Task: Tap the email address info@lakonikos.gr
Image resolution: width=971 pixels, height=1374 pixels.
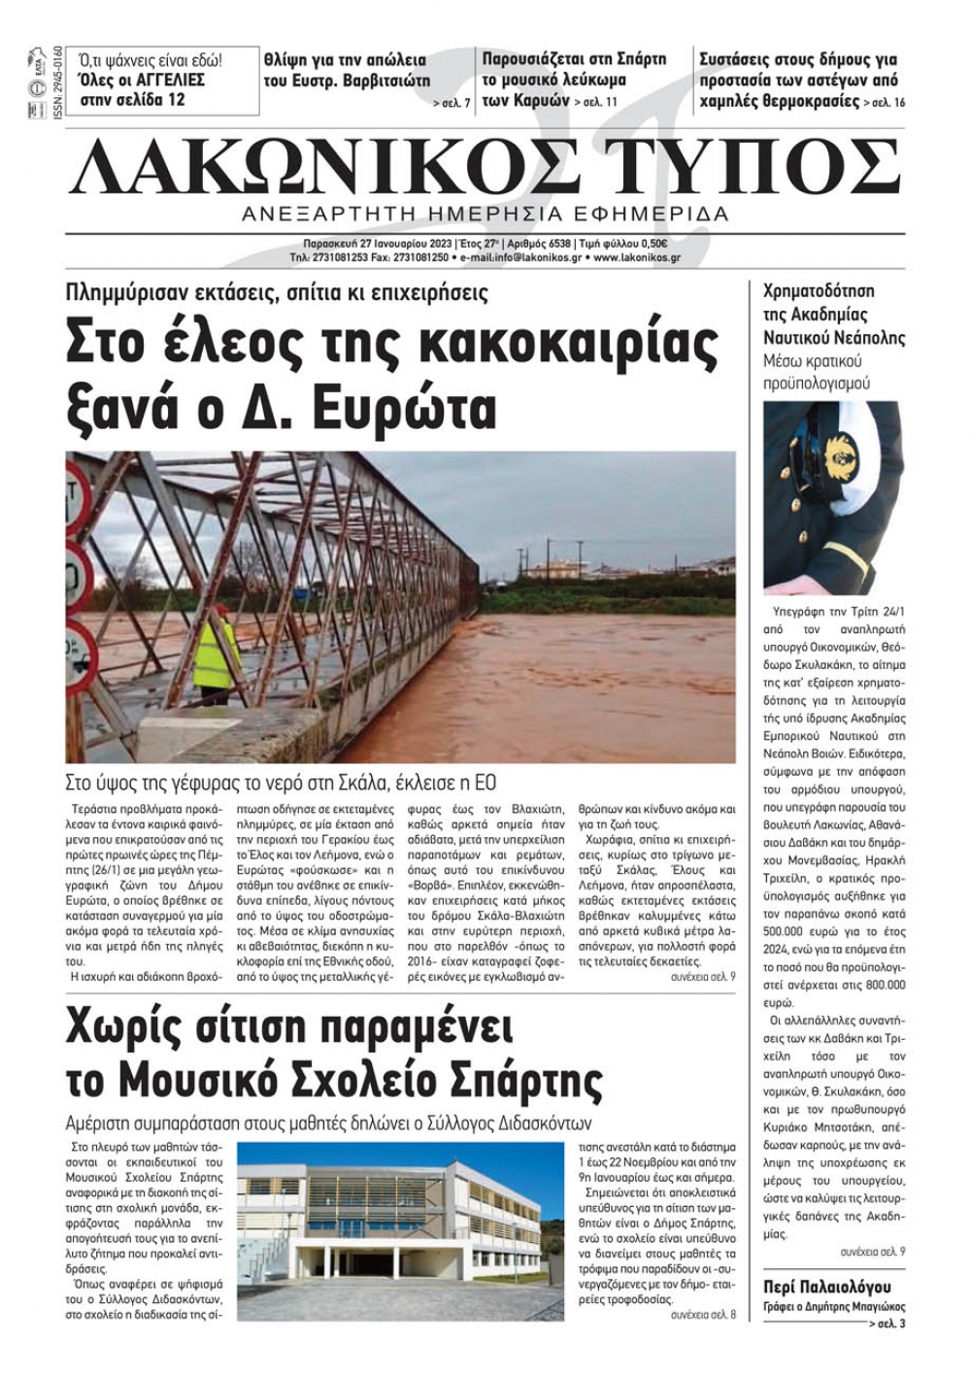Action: [521, 258]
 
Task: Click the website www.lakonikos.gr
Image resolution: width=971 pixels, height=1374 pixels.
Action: [636, 258]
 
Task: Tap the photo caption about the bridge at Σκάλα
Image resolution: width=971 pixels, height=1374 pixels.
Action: [281, 783]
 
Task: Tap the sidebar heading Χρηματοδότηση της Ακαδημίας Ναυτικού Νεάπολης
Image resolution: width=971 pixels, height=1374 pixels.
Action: [833, 314]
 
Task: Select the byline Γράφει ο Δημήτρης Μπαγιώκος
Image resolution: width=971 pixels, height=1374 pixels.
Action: [834, 1306]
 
